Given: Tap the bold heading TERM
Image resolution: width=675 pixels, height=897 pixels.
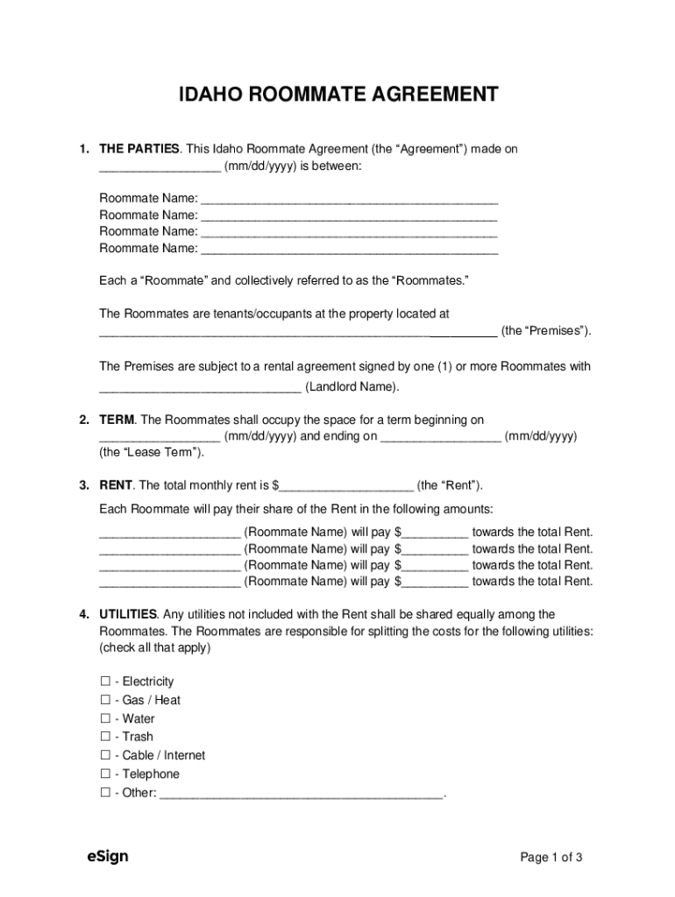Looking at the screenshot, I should click(x=117, y=420).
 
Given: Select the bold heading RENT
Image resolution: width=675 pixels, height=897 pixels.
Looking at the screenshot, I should click(x=116, y=485).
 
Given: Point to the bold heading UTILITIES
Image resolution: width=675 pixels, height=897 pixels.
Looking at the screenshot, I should click(x=128, y=615).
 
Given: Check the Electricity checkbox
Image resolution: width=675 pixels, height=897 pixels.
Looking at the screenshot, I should click(x=105, y=682).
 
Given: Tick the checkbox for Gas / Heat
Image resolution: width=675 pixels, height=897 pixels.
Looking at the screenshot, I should click(x=105, y=700).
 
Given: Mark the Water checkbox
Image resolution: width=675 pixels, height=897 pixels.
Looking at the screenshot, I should click(x=105, y=718).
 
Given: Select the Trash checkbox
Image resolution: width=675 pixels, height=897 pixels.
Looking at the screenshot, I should click(x=105, y=737).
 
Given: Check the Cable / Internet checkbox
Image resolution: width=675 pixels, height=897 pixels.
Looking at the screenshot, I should click(x=105, y=755).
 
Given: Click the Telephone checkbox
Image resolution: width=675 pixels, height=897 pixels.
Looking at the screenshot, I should click(x=105, y=773).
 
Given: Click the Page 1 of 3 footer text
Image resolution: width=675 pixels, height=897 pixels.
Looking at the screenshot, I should click(x=551, y=858).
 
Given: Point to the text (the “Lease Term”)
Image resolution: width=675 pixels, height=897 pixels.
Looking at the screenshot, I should click(x=152, y=453).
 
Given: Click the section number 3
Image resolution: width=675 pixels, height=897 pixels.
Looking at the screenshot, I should click(x=83, y=485).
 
